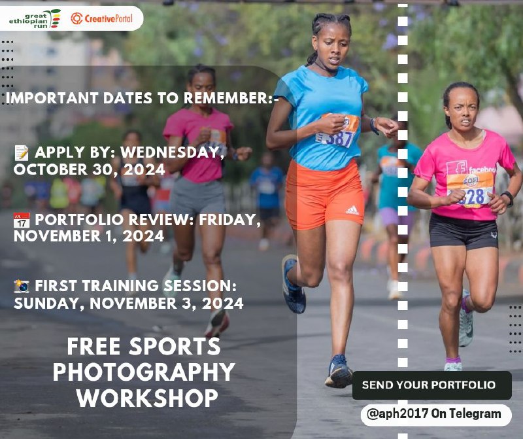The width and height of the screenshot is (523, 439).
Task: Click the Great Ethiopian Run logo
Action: pos(35,19)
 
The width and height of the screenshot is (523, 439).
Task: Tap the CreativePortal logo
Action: pos(102,18)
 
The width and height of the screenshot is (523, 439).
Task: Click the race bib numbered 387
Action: pos(337,131)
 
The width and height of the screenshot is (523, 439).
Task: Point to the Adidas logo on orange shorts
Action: pos(352,210)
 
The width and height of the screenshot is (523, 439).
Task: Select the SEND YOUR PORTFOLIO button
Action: pos(432,385)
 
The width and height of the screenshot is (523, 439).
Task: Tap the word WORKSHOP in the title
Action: pos(147,397)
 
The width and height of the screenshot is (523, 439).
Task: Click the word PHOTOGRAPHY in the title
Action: pos(144,372)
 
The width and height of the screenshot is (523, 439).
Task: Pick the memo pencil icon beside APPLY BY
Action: pos(22,152)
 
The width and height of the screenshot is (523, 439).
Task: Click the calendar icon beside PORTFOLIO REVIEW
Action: pos(22,220)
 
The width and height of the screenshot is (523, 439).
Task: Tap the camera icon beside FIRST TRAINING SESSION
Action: pos(22,287)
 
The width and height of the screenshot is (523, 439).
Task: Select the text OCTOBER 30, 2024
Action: pos(90,169)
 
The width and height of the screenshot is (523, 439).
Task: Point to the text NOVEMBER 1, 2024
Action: pos(89,236)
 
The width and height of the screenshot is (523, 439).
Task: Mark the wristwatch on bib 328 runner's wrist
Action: pos(509,198)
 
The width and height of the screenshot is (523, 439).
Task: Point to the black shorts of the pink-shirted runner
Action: pos(464,231)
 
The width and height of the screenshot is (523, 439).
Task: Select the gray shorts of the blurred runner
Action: pos(197,196)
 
